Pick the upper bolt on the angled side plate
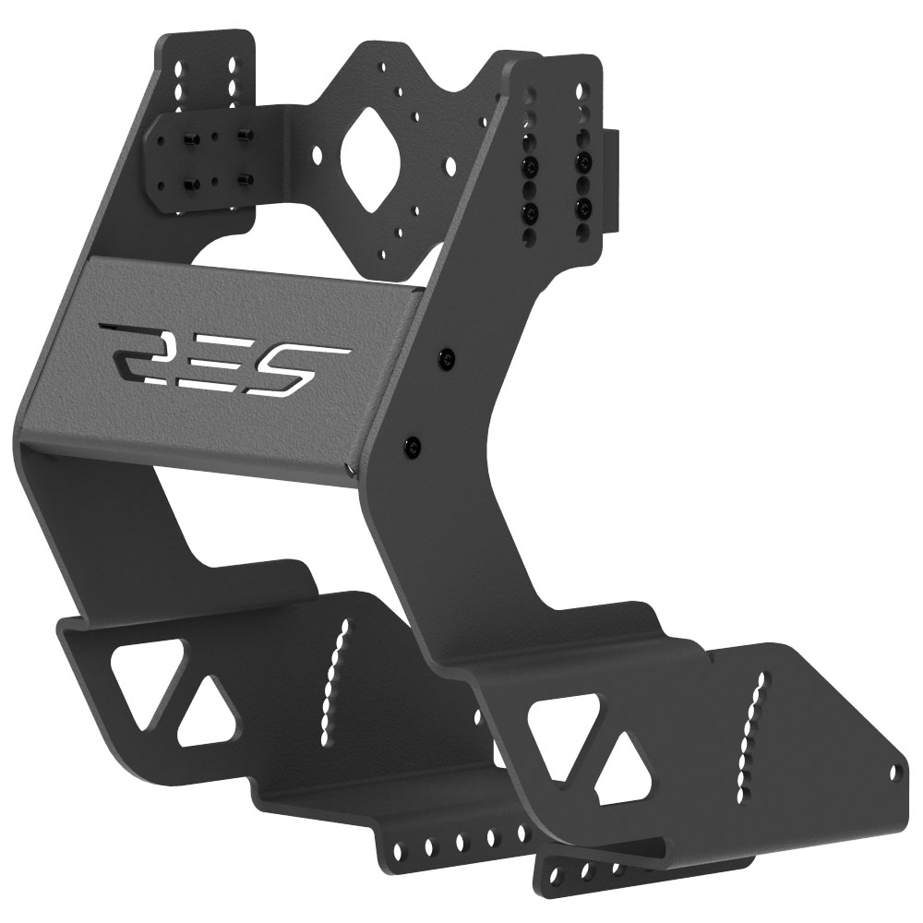[x=449, y=358]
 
